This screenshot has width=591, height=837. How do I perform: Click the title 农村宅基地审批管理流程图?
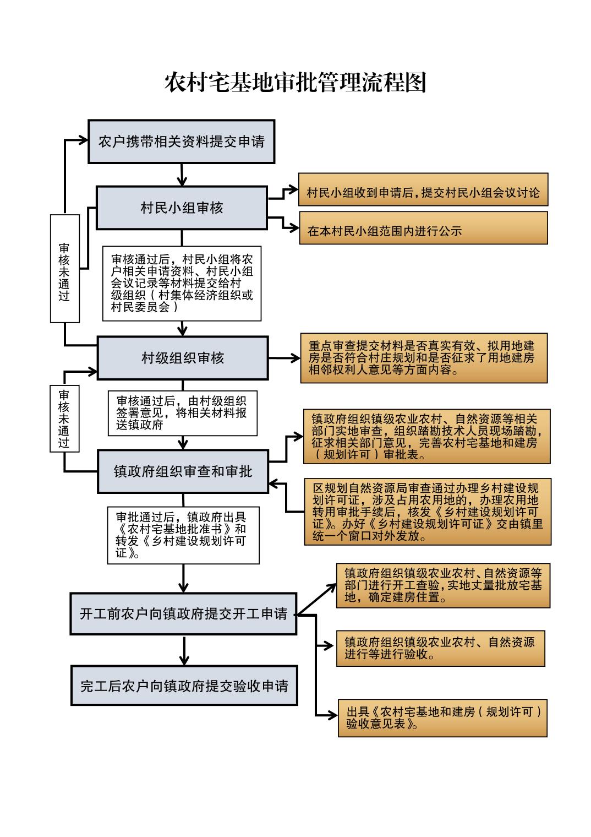(295, 83)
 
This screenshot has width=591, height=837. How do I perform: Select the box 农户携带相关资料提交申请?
(181, 142)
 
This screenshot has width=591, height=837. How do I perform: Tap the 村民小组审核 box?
(182, 208)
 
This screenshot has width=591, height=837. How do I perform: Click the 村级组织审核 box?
(182, 358)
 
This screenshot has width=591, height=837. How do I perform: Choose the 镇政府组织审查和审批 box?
(183, 471)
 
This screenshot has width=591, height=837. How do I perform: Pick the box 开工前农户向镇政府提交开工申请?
(183, 613)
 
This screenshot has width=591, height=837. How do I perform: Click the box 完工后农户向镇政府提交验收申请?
(184, 686)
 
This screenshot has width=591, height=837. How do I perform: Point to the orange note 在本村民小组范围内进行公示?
(423, 228)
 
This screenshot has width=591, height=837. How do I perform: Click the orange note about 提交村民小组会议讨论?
(423, 189)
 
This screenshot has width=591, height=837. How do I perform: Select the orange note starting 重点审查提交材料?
(424, 358)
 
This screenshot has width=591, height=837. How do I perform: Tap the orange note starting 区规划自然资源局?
(428, 512)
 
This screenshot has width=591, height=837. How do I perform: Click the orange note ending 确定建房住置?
(443, 585)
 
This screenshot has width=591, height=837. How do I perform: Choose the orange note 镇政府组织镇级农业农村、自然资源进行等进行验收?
(440, 648)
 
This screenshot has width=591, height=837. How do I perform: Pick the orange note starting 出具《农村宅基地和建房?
(442, 718)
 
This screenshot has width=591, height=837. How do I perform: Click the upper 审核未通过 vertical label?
(64, 268)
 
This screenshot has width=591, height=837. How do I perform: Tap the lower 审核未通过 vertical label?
(64, 418)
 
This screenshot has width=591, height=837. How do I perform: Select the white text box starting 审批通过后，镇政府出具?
(183, 535)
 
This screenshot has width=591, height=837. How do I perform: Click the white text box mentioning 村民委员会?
(182, 283)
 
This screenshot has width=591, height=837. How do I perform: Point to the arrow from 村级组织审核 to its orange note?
(284, 358)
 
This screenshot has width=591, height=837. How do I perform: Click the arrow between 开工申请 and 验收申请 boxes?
(184, 650)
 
